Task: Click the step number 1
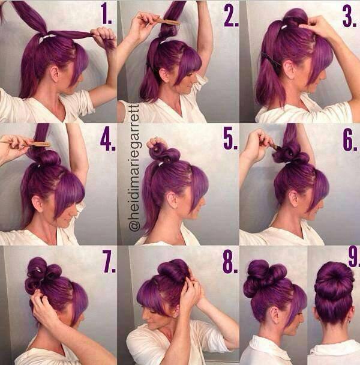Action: click(x=106, y=14)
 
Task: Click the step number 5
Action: click(x=230, y=139)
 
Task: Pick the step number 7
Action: click(x=109, y=262)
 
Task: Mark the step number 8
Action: click(x=230, y=262)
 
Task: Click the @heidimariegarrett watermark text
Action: click(x=134, y=167)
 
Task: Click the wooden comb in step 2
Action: click(x=159, y=20)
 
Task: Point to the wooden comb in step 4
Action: click(x=25, y=143)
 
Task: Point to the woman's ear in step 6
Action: click(x=294, y=198)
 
